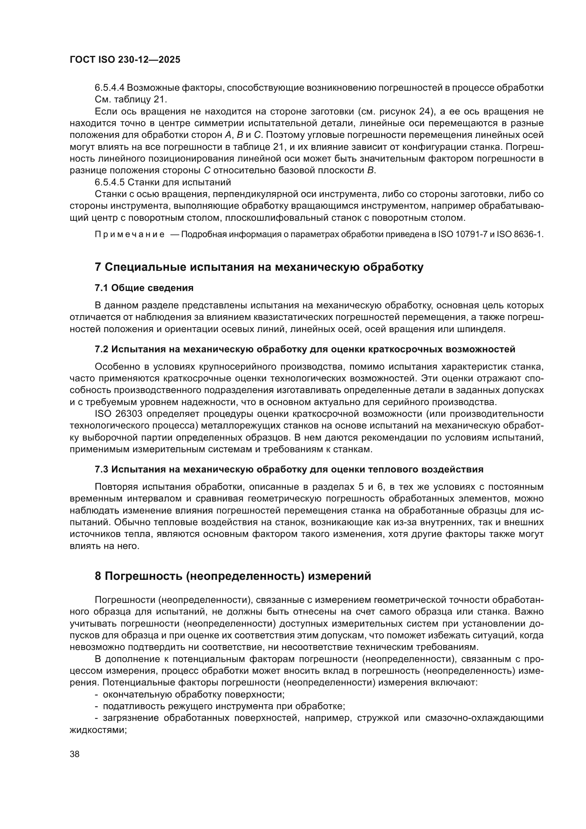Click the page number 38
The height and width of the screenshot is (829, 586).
75,754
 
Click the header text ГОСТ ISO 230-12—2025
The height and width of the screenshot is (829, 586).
125,60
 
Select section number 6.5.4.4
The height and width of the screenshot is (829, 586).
110,88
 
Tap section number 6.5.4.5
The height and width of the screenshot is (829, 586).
110,182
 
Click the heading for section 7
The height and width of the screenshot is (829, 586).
259,267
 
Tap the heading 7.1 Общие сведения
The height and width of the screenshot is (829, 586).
144,288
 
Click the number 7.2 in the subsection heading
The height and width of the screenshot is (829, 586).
101,349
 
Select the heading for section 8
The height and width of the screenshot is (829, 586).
233,576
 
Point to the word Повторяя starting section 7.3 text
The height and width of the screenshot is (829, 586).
116,487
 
